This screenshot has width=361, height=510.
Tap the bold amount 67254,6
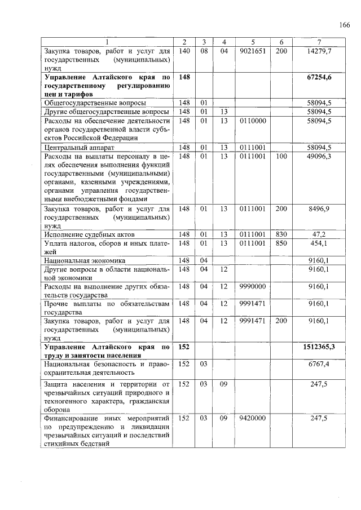point(319,77)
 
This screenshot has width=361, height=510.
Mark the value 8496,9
point(320,209)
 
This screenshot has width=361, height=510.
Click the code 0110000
point(253,121)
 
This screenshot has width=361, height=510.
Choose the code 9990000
point(253,286)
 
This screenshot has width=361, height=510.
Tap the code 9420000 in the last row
point(253,418)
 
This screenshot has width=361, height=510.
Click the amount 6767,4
point(320,365)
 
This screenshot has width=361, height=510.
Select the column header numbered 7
point(319,42)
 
